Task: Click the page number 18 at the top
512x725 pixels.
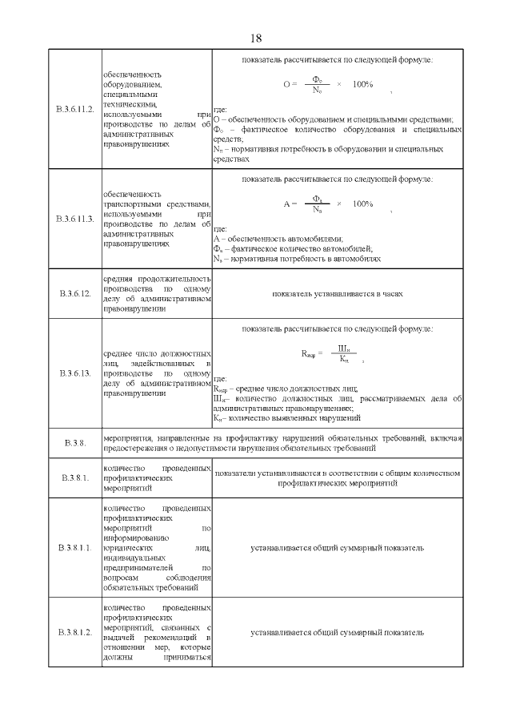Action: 256,38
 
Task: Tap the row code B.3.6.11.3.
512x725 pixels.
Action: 74,219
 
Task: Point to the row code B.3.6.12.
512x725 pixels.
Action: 74,294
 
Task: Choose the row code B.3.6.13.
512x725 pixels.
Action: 74,373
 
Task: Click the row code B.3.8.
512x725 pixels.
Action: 74,443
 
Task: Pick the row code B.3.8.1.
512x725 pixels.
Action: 74,478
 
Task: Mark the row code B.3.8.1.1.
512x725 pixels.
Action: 74,547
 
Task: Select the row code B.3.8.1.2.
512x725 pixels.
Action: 74,633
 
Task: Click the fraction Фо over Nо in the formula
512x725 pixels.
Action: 317,85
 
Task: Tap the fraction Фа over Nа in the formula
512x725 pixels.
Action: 317,203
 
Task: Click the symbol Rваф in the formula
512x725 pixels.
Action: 310,353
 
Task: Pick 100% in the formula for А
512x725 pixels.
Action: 362,203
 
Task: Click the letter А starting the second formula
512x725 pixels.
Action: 286,203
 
